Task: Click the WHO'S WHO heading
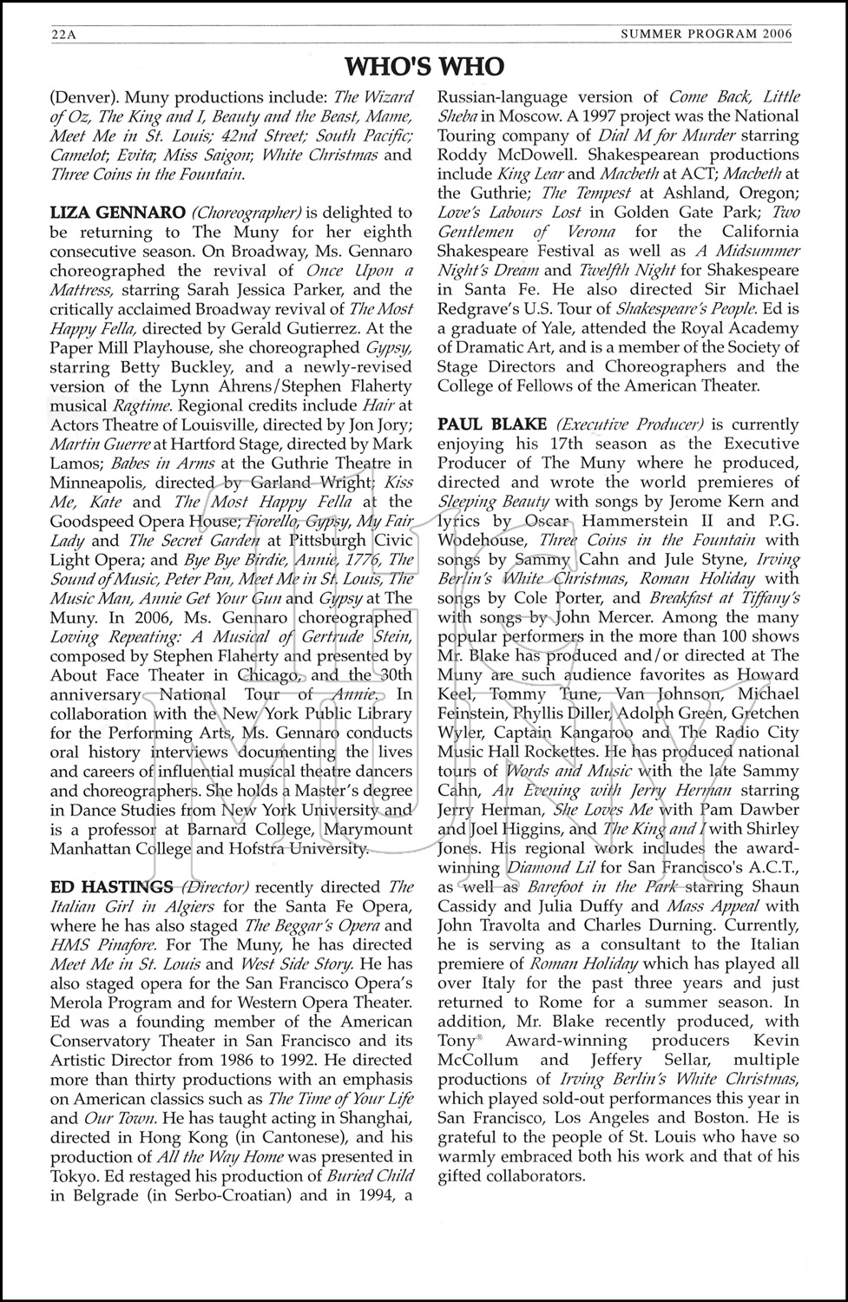pyautogui.click(x=424, y=67)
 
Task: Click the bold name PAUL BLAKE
pyautogui.click(x=492, y=424)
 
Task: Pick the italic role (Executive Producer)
pyautogui.click(x=629, y=424)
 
